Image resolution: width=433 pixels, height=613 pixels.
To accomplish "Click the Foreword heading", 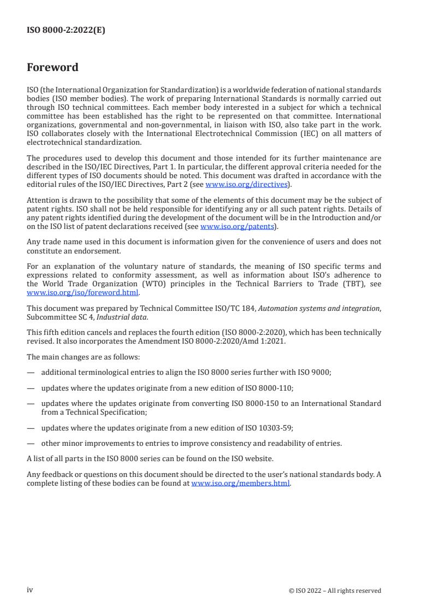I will click(x=52, y=68).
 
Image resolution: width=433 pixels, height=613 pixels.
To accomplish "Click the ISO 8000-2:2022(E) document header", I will click(x=66, y=31).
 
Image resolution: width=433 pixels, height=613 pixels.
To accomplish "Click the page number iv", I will click(x=30, y=590).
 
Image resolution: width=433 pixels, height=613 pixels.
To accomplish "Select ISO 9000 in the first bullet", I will click(x=313, y=372).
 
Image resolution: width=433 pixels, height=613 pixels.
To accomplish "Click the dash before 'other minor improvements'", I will click(x=31, y=443).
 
